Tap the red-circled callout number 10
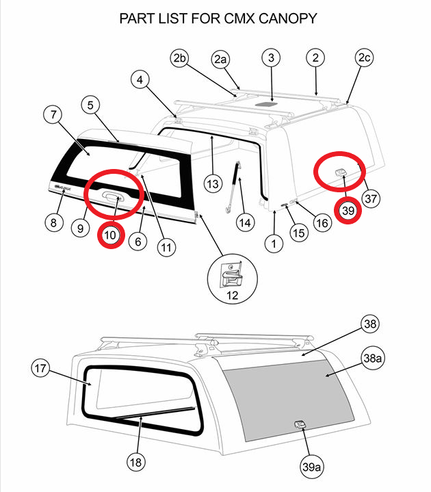point(111,235)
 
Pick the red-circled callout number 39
point(348,211)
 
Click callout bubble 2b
point(180,59)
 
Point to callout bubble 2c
point(364,59)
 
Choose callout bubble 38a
point(373,357)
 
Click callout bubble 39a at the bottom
point(311,467)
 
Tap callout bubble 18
point(136,463)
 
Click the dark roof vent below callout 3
point(272,104)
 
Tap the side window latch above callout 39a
point(300,425)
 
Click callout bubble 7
point(55,114)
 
